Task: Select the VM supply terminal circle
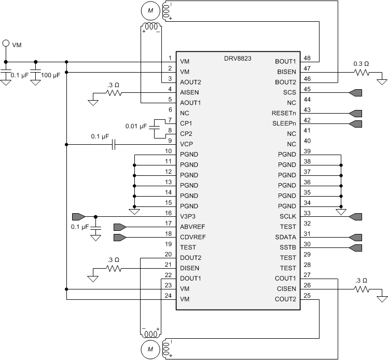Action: [6, 44]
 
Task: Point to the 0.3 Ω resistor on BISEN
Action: [361, 72]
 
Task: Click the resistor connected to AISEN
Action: [114, 93]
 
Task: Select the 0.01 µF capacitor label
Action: [136, 126]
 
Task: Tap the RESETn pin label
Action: [284, 113]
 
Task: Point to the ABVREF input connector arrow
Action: [120, 227]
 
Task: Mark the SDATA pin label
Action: [286, 237]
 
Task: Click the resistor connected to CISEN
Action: [361, 289]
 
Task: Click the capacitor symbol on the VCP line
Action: [114, 144]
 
